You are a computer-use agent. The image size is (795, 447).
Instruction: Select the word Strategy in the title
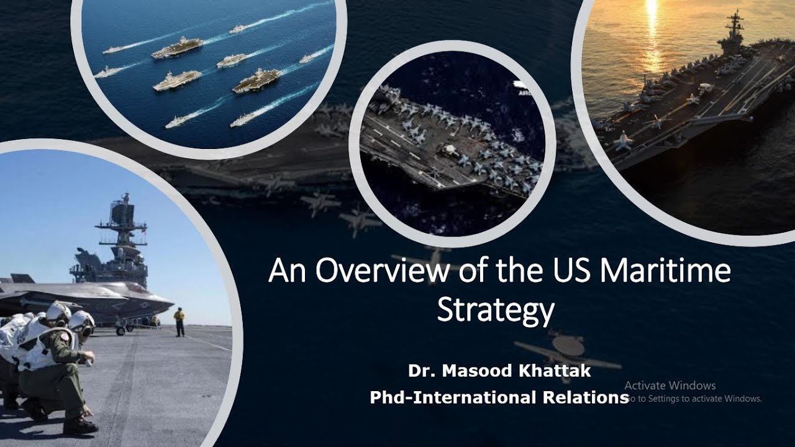click(x=495, y=310)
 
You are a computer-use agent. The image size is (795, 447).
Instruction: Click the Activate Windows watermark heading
click(x=670, y=386)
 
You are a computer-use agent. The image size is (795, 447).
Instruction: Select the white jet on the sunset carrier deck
click(x=622, y=140)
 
